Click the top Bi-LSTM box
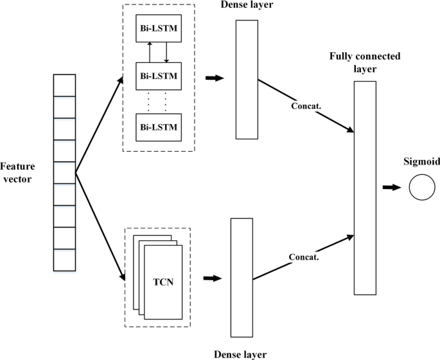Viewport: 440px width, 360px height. pos(158,30)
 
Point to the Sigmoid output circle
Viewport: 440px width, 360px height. pos(422,187)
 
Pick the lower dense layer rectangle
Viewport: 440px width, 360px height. pos(241,278)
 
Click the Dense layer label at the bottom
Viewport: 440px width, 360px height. pos(240,353)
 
